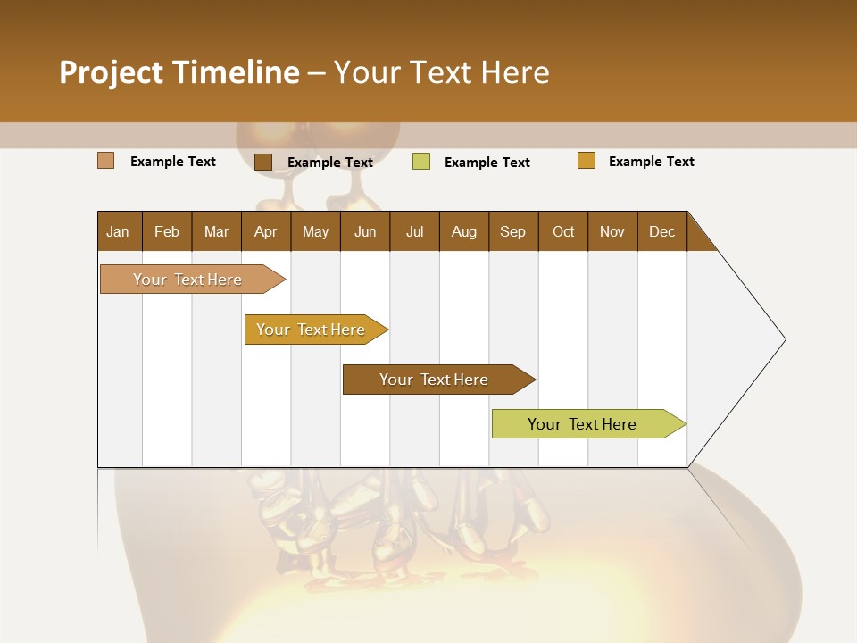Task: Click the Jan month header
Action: point(118,231)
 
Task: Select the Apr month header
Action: point(265,231)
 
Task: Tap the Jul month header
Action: point(414,231)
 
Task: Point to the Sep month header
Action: point(512,231)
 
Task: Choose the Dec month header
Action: point(661,231)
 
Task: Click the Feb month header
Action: point(167,231)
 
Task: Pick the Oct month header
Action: point(563,231)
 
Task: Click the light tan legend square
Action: point(105,161)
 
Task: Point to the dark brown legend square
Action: point(262,162)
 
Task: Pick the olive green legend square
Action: point(421,162)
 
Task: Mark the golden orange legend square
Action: point(586,161)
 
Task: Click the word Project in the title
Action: point(111,72)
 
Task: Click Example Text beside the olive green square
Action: point(487,163)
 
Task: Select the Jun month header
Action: point(365,231)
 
